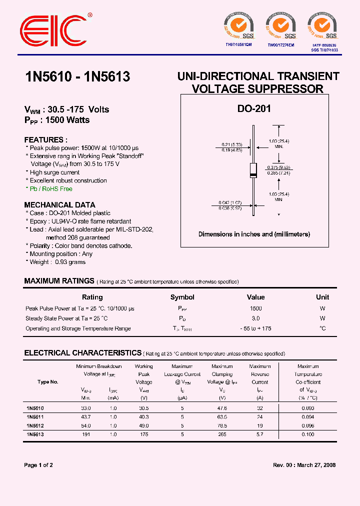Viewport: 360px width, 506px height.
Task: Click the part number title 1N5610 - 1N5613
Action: (x=77, y=76)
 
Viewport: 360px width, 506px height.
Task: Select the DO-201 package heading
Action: (x=253, y=108)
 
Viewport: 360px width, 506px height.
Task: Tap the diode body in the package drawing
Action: (x=253, y=170)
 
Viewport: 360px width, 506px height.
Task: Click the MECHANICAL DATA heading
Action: (x=59, y=205)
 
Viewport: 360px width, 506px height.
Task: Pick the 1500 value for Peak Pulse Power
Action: (x=255, y=308)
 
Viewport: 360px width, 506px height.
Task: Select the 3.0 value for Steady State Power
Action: (x=255, y=318)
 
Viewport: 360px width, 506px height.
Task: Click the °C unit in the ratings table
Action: (x=322, y=328)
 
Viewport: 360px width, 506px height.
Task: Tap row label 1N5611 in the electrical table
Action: (x=35, y=416)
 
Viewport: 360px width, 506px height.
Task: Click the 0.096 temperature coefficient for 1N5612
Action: (x=308, y=425)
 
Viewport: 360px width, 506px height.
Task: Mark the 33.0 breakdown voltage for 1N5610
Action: (x=85, y=408)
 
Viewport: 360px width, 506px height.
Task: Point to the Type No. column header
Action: (x=48, y=382)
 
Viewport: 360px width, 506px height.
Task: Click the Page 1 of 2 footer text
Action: (x=38, y=465)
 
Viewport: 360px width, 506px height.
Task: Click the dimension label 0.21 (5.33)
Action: (x=232, y=144)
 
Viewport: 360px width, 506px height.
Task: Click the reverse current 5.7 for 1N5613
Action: (x=259, y=434)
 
